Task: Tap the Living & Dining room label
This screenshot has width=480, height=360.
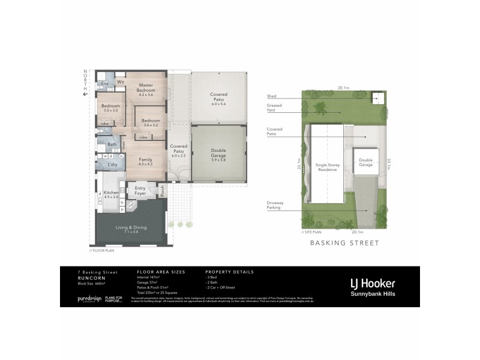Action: tap(130, 229)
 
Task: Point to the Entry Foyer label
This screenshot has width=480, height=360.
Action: tap(140, 190)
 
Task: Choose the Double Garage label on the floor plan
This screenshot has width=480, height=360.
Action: tap(218, 154)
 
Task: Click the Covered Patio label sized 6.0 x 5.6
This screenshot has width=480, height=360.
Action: tap(218, 98)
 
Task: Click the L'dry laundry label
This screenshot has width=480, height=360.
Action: tap(112, 164)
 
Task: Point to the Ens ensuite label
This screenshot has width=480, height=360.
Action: tap(104, 83)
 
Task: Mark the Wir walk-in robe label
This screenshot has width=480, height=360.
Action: tap(120, 81)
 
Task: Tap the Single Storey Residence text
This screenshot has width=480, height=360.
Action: tap(327, 167)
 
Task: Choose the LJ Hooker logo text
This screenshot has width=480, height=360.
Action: tap(373, 282)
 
